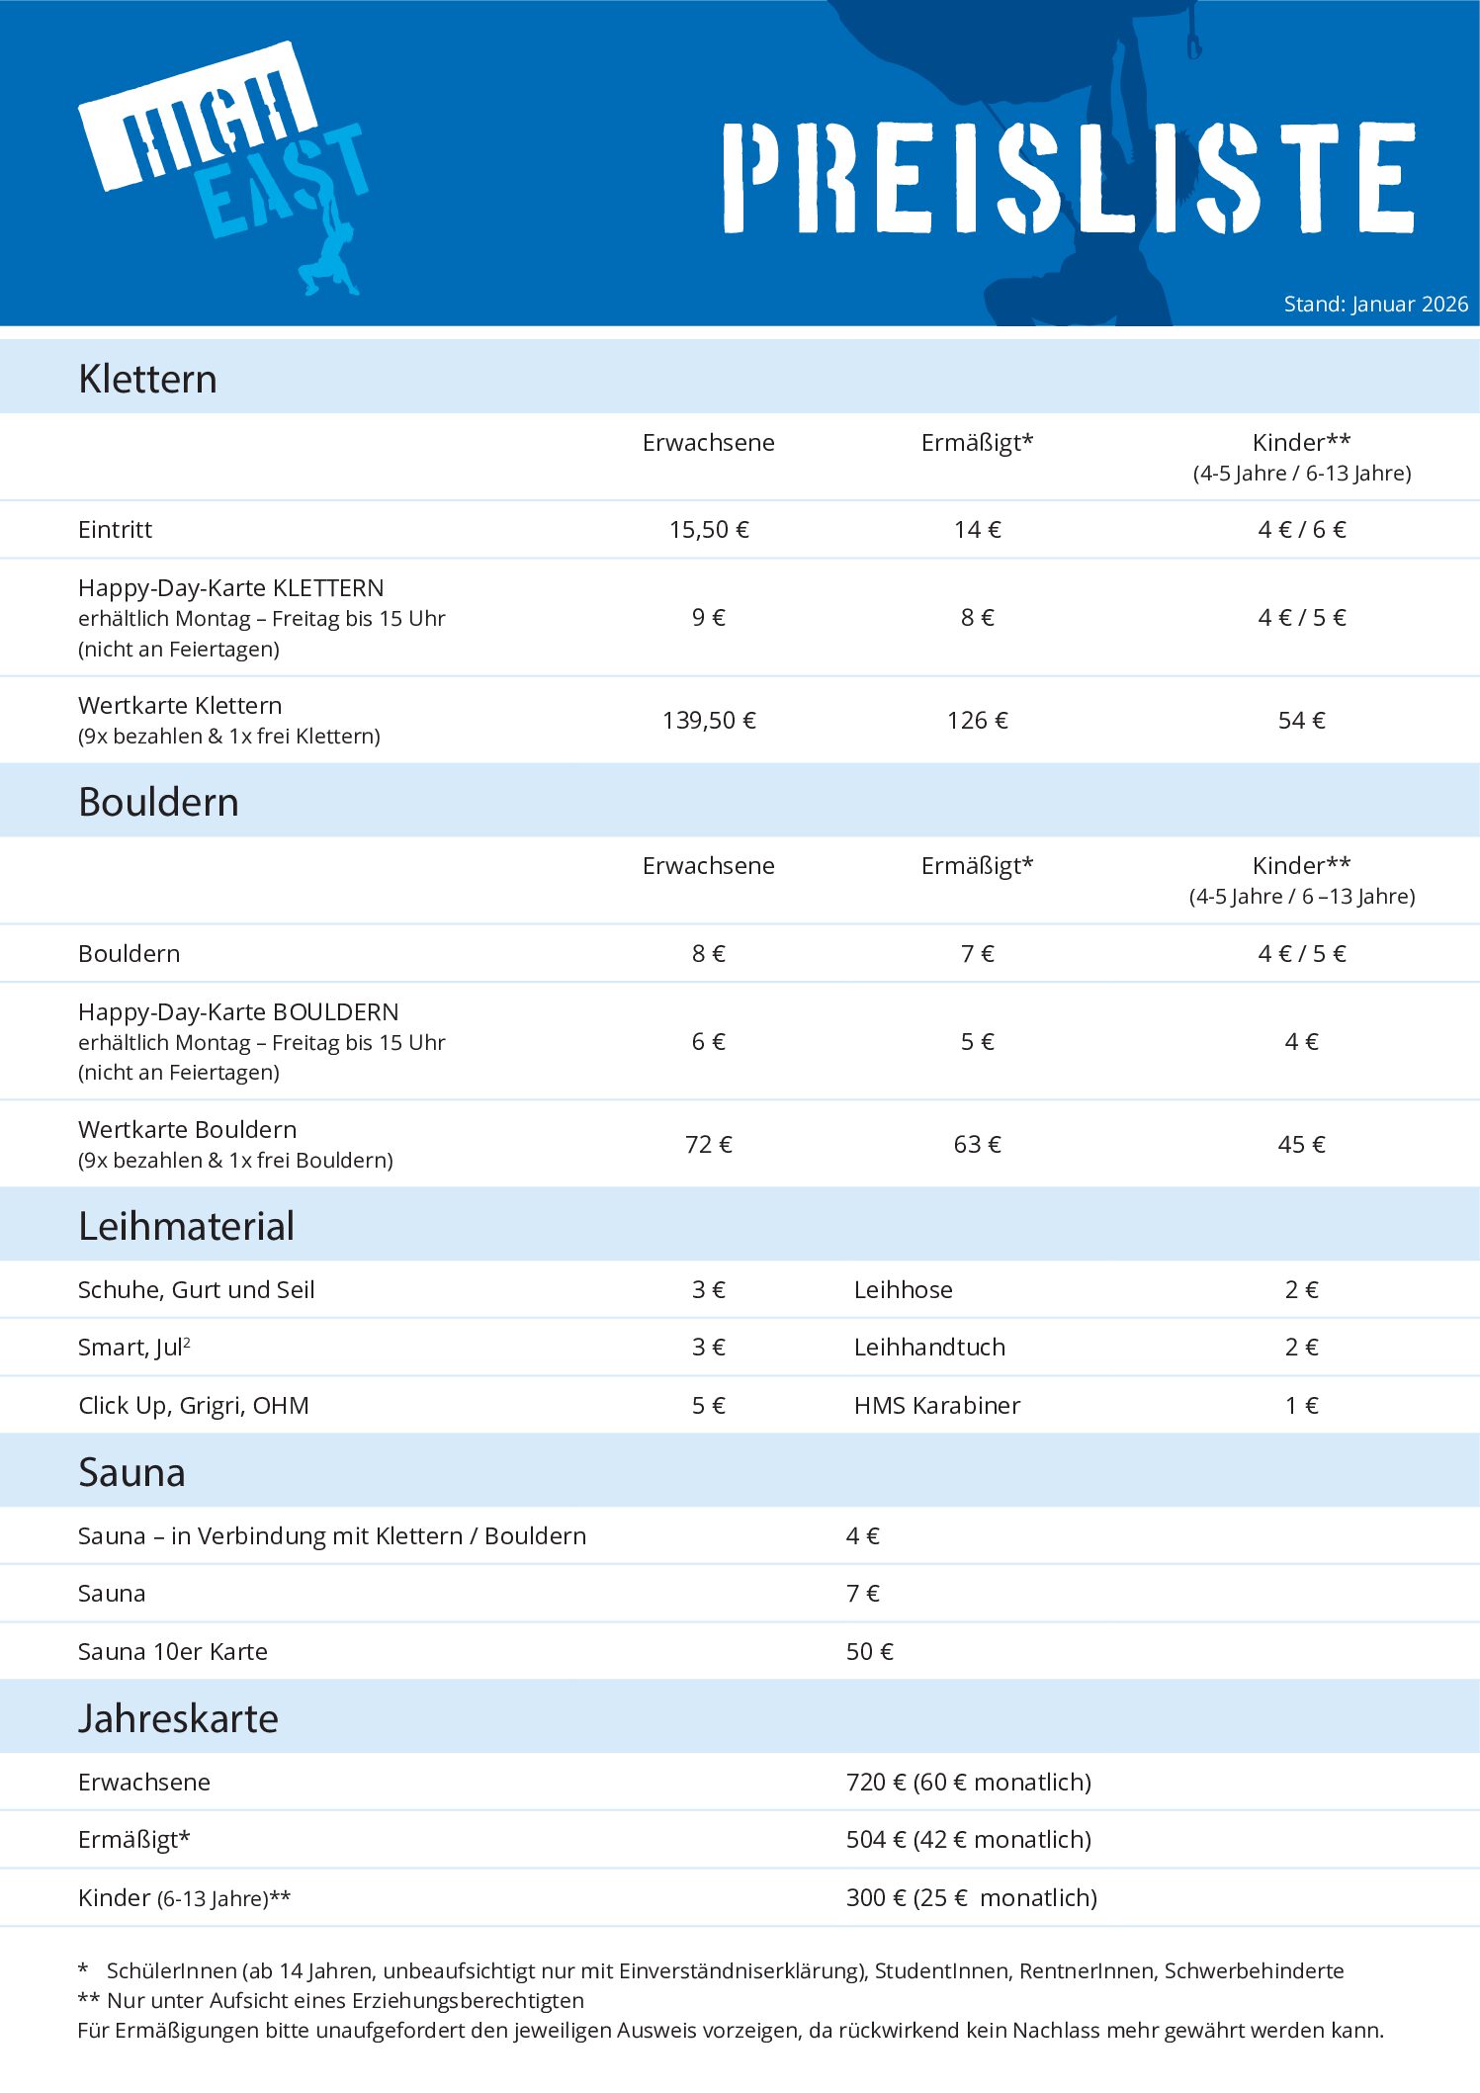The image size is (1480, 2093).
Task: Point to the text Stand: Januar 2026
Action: pyautogui.click(x=1375, y=305)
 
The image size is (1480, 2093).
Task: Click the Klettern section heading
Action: pyautogui.click(x=147, y=380)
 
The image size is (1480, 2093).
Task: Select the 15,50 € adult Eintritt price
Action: pyautogui.click(x=709, y=530)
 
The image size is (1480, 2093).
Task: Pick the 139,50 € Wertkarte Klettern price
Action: pyautogui.click(x=709, y=721)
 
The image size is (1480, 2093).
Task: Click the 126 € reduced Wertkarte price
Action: pyautogui.click(x=977, y=721)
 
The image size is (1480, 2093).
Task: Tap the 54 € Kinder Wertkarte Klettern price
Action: pyautogui.click(x=1301, y=721)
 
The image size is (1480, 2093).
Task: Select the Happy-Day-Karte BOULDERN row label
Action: pyautogui.click(x=238, y=1012)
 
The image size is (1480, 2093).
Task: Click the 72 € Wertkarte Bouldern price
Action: pyautogui.click(x=709, y=1145)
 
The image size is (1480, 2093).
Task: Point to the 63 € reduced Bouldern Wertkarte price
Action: pyautogui.click(x=977, y=1145)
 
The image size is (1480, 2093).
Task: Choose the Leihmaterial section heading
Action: pyautogui.click(x=186, y=1227)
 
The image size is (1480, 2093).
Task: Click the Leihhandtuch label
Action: pyautogui.click(x=929, y=1348)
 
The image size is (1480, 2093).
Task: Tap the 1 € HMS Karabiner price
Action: pyautogui.click(x=1301, y=1406)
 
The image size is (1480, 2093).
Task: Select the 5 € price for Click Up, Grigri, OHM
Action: pyautogui.click(x=709, y=1406)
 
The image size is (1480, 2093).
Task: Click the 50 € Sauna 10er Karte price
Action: pyautogui.click(x=870, y=1652)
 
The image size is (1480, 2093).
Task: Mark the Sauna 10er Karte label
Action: pyautogui.click(x=173, y=1652)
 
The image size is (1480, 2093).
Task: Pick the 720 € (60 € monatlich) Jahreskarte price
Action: pyautogui.click(x=969, y=1783)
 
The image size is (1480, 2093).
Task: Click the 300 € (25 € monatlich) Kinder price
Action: pyautogui.click(x=972, y=1898)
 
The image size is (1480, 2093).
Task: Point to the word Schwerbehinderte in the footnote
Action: pyautogui.click(x=1254, y=1971)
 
